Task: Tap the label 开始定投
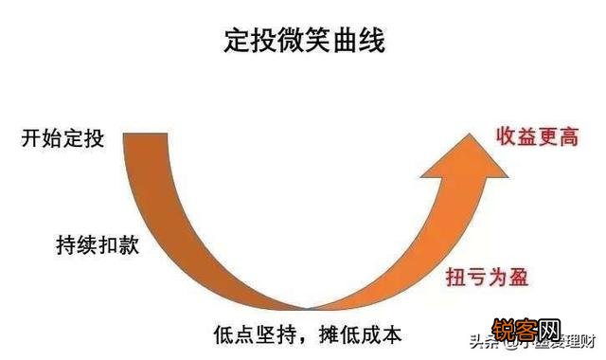[x=62, y=139]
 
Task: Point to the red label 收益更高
[x=538, y=137]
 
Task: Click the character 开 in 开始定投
[x=31, y=139]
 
